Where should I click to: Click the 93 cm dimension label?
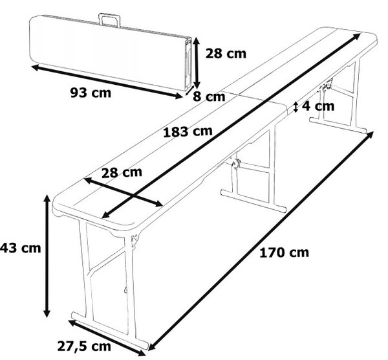point(91,93)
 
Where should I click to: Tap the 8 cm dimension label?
point(209,96)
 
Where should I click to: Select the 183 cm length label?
point(188,131)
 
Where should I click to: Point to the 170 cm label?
point(284,253)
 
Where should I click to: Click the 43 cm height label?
point(20,248)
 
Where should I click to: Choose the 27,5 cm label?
point(84,346)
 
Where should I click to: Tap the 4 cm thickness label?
point(318,106)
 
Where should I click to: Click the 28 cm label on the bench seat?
point(122,172)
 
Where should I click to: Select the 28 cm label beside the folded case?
point(226,54)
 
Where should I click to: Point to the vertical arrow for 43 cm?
point(47,256)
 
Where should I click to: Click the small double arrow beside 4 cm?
point(296,107)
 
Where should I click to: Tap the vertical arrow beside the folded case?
point(196,63)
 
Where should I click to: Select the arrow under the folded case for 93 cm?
point(107,82)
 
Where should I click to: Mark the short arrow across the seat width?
point(124,192)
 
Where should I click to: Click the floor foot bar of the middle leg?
point(253,201)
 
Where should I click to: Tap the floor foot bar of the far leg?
point(338,126)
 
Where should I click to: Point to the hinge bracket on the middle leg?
point(235,163)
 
